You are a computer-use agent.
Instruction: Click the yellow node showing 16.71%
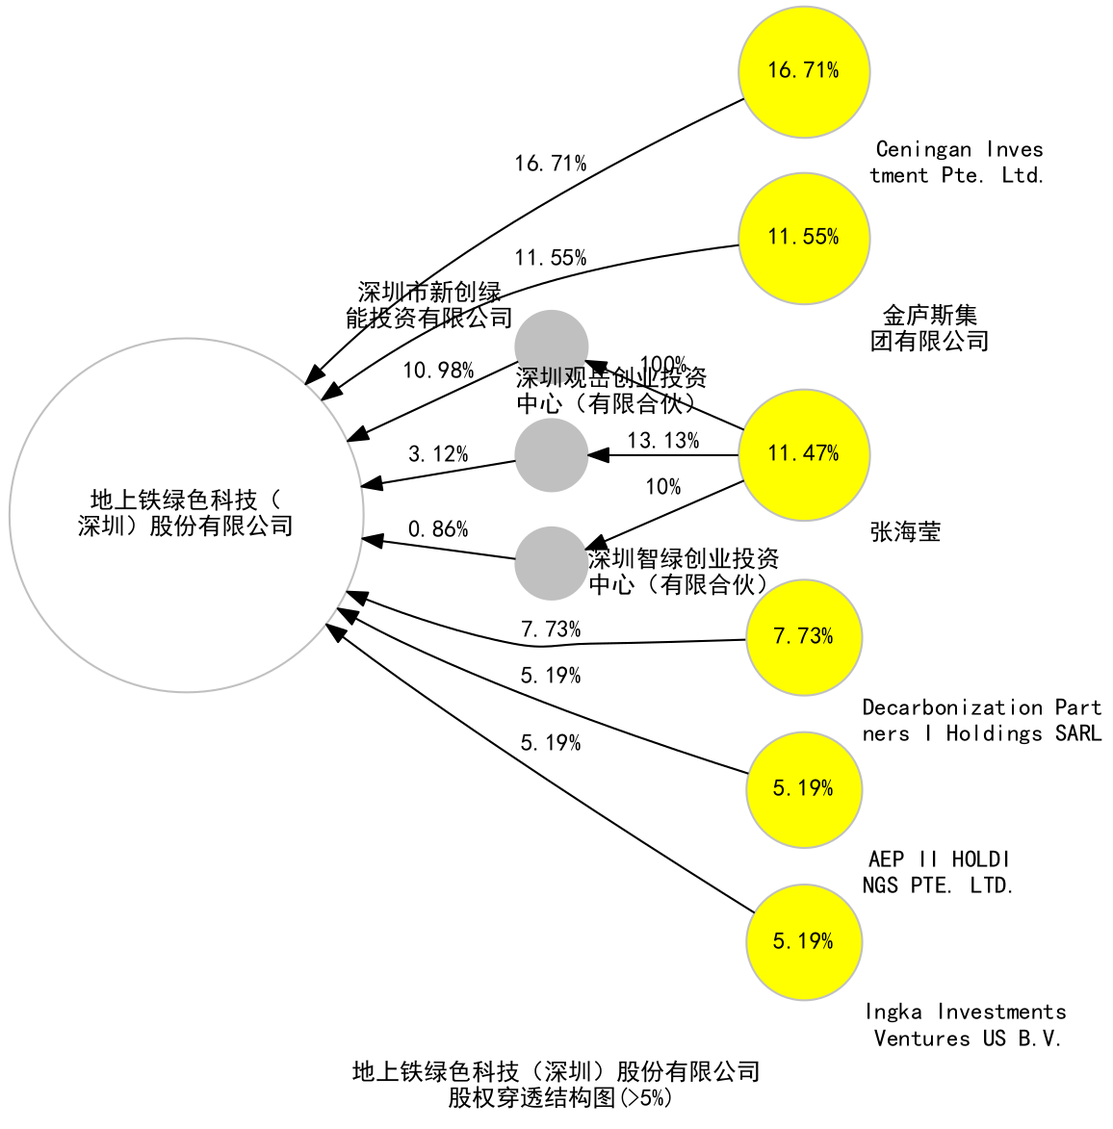(804, 71)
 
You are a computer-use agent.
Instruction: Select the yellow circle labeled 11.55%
(804, 238)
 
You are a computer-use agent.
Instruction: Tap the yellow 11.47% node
(804, 454)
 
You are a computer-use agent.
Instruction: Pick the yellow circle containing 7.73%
(804, 637)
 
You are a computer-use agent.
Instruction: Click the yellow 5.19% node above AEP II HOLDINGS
(804, 789)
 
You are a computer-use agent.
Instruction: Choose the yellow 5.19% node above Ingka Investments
(804, 941)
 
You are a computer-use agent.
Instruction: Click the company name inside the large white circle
(186, 513)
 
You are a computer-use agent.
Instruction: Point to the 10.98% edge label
(438, 371)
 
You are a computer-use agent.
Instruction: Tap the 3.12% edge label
(438, 454)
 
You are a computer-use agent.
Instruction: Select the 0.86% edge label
(438, 529)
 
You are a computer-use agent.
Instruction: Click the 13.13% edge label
(663, 441)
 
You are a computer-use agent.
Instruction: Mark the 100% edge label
(663, 365)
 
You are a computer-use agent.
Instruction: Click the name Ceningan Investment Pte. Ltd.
(958, 163)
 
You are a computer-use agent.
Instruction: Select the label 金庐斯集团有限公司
(930, 328)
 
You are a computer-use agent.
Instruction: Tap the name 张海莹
(905, 531)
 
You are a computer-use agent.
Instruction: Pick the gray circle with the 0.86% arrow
(552, 563)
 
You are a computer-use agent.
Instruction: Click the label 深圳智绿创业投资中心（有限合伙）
(684, 572)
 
